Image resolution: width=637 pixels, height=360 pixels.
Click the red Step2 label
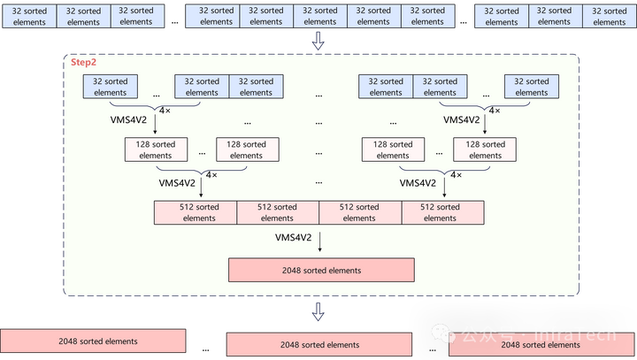point(84,64)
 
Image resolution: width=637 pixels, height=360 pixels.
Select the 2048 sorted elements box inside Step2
point(321,270)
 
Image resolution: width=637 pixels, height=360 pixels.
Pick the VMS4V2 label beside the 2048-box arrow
point(293,238)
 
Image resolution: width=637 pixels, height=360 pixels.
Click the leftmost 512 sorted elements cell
point(196,212)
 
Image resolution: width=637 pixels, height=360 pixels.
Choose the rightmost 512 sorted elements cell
point(441,212)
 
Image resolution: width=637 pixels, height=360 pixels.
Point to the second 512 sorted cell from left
point(277,212)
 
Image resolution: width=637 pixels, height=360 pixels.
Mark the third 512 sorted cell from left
point(359,212)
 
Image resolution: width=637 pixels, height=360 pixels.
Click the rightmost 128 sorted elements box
point(485,149)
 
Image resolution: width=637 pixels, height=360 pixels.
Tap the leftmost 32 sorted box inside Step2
point(111,87)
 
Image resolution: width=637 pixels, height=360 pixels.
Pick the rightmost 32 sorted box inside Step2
point(532,87)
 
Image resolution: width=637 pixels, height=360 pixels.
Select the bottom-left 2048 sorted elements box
point(93,341)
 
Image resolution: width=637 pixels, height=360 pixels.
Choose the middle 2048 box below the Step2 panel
point(319,344)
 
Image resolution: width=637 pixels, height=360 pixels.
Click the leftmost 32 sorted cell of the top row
point(28,16)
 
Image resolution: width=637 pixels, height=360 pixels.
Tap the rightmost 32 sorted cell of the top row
point(610,16)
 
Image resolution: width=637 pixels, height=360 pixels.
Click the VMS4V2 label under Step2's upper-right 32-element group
point(461,119)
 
